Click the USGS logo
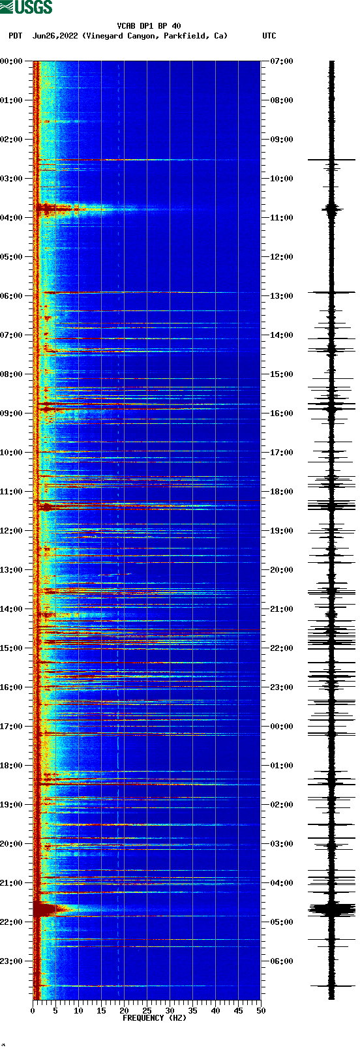(26, 7)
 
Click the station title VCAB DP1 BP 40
(149, 26)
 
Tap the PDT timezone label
(15, 36)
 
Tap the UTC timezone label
(269, 36)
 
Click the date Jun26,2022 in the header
(55, 36)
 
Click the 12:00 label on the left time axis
(12, 531)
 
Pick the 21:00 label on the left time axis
(12, 883)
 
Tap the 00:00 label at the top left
(12, 61)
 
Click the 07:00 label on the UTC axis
(282, 61)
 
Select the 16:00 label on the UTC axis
(282, 413)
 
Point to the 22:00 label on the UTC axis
(282, 648)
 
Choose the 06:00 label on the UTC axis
(282, 961)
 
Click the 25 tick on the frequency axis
(147, 1011)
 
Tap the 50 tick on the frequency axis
(261, 1011)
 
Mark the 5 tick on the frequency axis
(55, 1011)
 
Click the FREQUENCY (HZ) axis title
(155, 1018)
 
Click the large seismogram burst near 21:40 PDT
(331, 909)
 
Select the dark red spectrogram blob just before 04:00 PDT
(47, 209)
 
